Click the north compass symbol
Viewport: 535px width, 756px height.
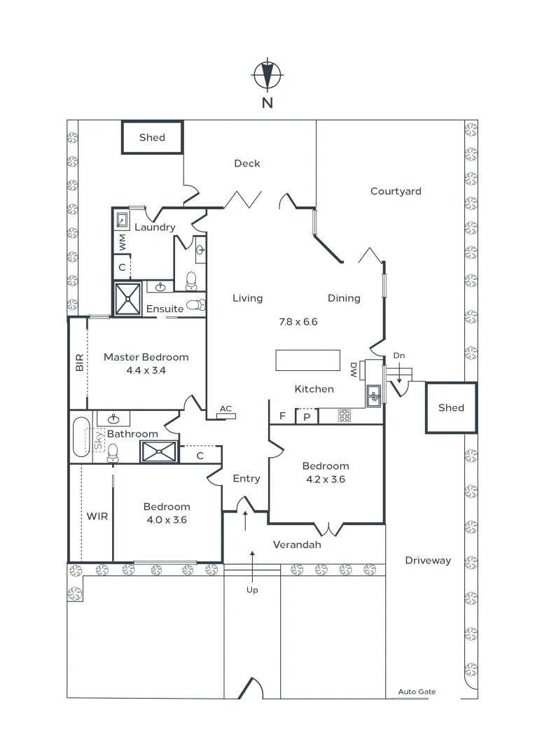point(267,75)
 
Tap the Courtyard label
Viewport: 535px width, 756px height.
point(396,191)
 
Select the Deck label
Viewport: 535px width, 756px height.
point(246,163)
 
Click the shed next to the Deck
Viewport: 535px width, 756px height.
point(152,137)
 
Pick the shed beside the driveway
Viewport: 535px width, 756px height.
point(451,407)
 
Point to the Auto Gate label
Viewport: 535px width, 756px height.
point(417,692)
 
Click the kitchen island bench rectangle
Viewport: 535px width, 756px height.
point(307,360)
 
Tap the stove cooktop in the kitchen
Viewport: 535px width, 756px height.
point(345,416)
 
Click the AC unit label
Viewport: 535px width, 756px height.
point(225,409)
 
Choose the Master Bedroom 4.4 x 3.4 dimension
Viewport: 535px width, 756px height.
point(146,370)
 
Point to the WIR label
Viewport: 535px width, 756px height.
point(97,516)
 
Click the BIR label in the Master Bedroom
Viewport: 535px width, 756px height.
point(79,362)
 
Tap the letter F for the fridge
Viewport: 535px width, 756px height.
point(282,416)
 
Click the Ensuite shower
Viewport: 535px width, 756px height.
point(128,298)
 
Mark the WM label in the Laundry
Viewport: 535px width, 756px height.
point(122,242)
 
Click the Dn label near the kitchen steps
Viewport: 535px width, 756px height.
point(398,356)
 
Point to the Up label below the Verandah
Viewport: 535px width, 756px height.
point(252,590)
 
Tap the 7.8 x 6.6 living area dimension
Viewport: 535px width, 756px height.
point(298,322)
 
